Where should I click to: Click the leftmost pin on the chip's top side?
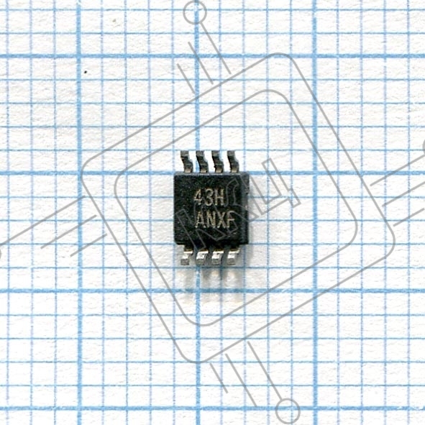pos(186,162)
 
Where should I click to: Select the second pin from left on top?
pos(202,162)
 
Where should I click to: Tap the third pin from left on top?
pos(218,162)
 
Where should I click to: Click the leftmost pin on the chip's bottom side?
pos(187,255)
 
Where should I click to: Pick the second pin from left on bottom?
pos(202,255)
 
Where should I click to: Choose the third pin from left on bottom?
pos(218,255)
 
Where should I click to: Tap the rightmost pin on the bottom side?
pos(233,255)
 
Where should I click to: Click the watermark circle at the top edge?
pos(195,12)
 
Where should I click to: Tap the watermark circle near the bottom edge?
pos(288,411)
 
